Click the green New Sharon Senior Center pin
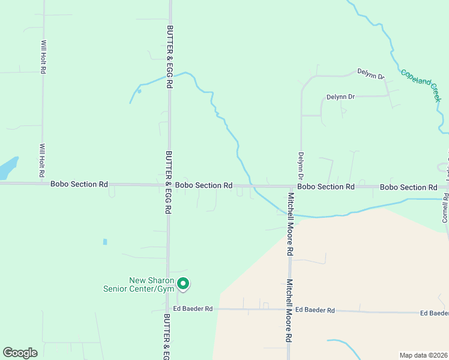point(184,284)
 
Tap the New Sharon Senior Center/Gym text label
point(151,285)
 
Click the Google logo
point(20,353)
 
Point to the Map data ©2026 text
point(423,355)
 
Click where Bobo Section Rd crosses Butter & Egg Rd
point(169,185)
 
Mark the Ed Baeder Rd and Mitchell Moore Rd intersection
point(286,310)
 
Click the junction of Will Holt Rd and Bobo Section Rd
point(42,184)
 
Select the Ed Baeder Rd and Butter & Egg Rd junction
point(167,309)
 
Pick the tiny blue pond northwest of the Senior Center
point(104,242)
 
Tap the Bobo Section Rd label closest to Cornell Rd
point(408,187)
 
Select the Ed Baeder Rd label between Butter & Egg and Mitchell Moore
point(193,309)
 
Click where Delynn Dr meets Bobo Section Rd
point(301,187)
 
